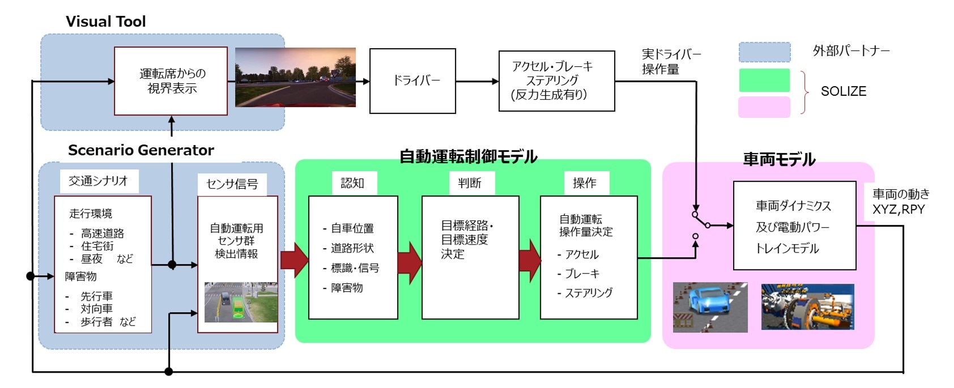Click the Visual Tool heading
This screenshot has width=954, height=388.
105,22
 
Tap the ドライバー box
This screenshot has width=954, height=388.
412,80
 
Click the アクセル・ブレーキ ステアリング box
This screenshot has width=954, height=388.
556,80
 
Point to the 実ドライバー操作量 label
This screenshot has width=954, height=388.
671,62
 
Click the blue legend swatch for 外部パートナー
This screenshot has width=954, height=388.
764,52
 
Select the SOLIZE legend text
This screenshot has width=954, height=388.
843,91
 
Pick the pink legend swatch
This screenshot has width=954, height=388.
764,107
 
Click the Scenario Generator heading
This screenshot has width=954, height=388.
141,150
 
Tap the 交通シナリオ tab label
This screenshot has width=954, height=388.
98,181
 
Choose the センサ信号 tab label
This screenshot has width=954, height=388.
232,184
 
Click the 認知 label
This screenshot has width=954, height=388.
352,183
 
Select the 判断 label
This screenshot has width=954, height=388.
469,183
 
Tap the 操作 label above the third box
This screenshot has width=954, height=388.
584,183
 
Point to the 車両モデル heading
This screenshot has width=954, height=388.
779,160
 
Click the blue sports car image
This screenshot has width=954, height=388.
710,307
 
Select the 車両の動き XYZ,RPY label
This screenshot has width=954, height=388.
900,202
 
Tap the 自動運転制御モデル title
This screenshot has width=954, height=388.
468,157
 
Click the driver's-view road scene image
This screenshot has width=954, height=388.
295,78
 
